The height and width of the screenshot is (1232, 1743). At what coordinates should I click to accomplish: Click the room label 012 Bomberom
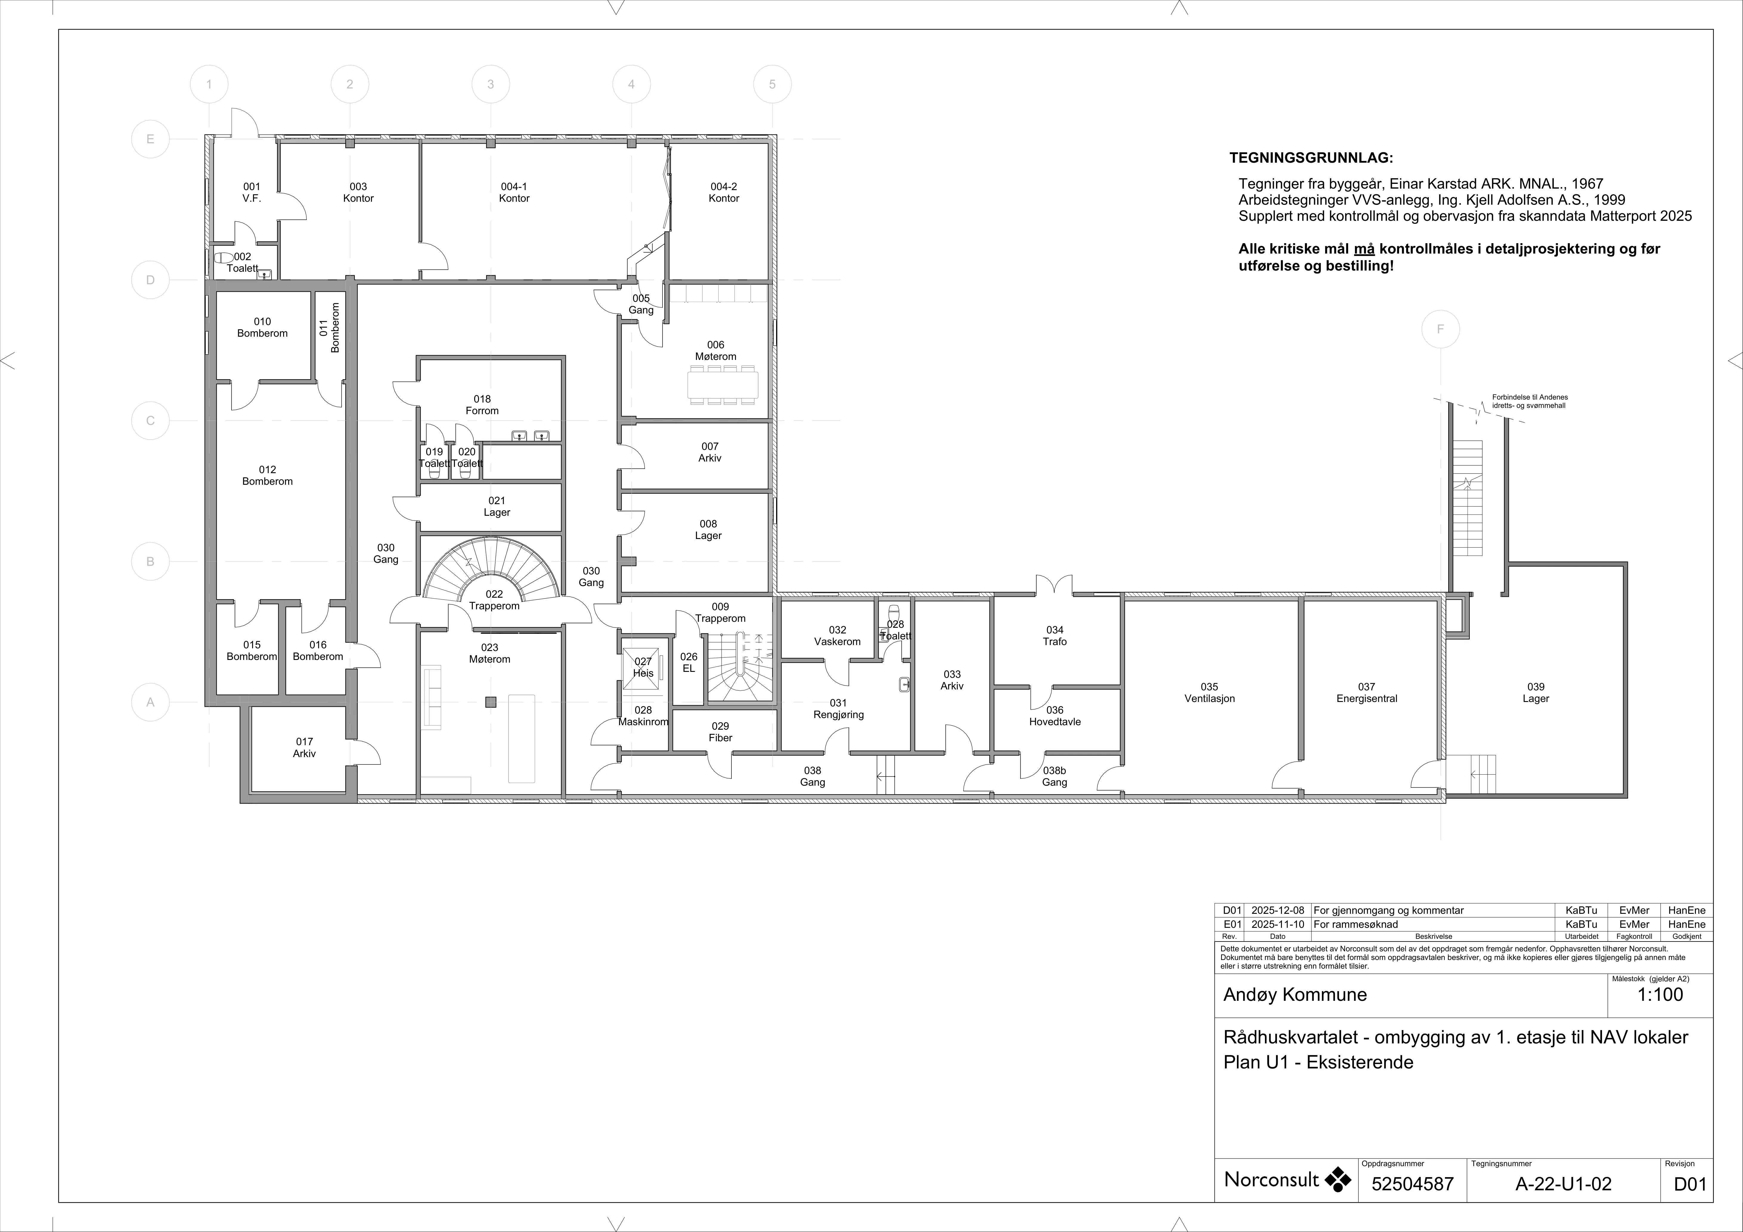[267, 475]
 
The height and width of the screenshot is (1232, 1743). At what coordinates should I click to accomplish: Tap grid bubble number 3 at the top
[490, 84]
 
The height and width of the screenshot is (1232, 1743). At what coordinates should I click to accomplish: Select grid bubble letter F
[1440, 330]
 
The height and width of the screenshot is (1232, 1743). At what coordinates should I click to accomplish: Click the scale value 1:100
[1660, 995]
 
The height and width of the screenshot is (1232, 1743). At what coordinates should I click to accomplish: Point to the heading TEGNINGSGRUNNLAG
[1311, 159]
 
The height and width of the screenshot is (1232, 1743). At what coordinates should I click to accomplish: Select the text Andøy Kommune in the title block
[1295, 995]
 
